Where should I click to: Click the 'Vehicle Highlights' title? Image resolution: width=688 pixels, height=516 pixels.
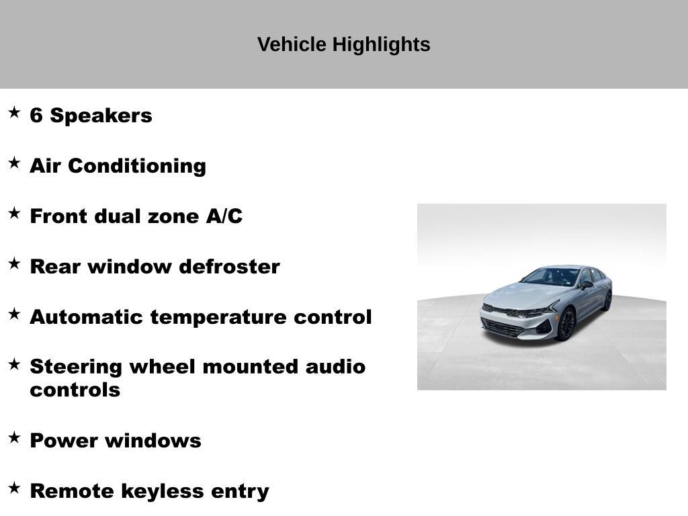[x=343, y=45]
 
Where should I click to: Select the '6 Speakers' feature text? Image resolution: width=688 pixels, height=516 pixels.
[x=91, y=116]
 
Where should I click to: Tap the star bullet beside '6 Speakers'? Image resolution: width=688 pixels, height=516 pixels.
[x=14, y=112]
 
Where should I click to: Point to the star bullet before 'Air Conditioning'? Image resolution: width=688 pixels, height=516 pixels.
[x=14, y=163]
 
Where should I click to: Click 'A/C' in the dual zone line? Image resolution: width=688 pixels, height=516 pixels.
[x=224, y=216]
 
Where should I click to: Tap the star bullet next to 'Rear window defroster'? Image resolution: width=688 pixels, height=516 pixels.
[x=14, y=263]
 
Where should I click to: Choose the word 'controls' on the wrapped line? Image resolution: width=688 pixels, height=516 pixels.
[x=75, y=390]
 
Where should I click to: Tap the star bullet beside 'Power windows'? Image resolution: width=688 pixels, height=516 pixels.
[x=14, y=437]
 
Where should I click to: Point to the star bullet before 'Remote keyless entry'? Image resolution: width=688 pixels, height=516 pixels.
[x=14, y=488]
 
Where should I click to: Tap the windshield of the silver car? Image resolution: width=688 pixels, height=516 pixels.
[x=551, y=277]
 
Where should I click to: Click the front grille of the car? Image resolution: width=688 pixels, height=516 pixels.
[x=502, y=327]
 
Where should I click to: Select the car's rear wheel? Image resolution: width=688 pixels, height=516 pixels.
[x=607, y=300]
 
